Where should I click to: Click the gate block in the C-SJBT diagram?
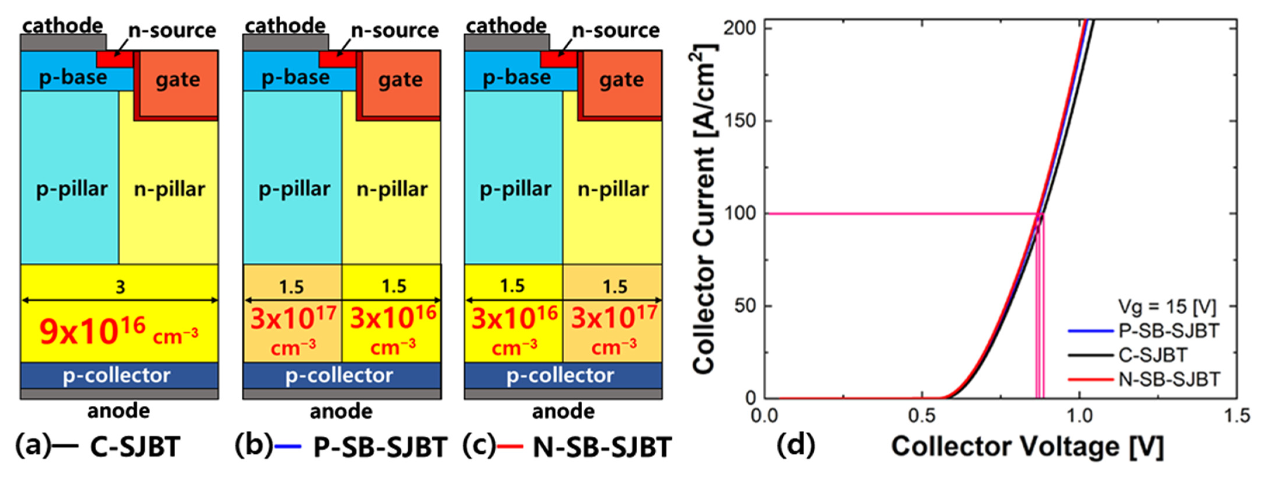[x=178, y=81]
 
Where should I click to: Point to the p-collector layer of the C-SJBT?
[x=117, y=375]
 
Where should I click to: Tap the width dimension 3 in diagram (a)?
[x=120, y=287]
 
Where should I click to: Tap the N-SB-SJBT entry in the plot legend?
[x=1169, y=379]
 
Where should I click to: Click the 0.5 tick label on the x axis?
[x=921, y=416]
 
